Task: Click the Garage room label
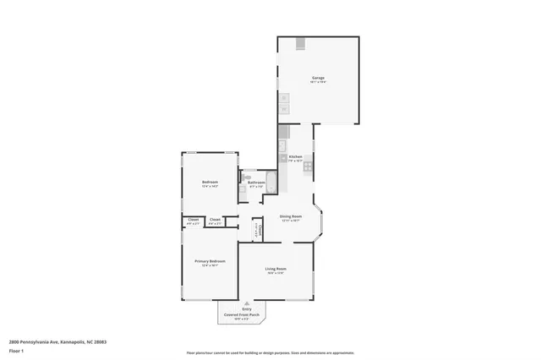(318, 79)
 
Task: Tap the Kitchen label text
(295, 157)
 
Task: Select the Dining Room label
(291, 216)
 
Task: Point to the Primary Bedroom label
(210, 262)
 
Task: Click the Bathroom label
(256, 183)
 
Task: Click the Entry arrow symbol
(247, 303)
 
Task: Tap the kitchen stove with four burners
(308, 166)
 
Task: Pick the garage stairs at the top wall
(300, 44)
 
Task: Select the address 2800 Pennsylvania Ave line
(57, 342)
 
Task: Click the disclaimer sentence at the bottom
(270, 352)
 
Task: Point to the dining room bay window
(319, 218)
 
